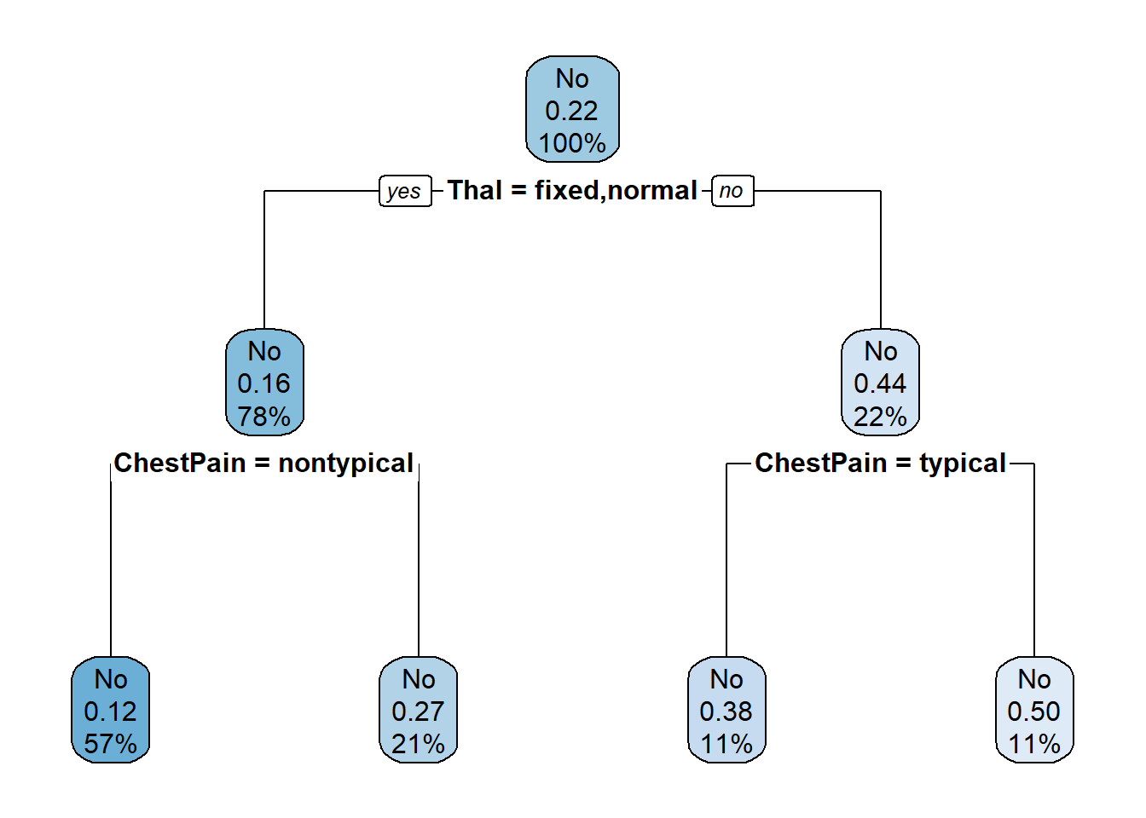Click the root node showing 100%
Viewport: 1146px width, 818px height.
(572, 109)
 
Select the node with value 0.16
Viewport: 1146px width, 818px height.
(264, 383)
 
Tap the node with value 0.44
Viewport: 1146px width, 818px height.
(881, 383)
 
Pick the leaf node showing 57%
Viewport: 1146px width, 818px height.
(111, 710)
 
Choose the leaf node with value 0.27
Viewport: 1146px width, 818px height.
(418, 710)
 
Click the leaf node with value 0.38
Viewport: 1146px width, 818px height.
(726, 710)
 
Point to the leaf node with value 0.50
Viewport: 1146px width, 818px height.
(1034, 710)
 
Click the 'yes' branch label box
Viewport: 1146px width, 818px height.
(405, 191)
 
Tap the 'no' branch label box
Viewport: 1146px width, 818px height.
(732, 191)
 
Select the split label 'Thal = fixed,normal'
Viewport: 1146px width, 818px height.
(572, 191)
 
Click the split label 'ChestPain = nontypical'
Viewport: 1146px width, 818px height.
(263, 464)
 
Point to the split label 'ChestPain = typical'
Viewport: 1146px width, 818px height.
(881, 464)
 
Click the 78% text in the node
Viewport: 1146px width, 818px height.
(264, 416)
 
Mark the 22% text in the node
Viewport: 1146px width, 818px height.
(880, 416)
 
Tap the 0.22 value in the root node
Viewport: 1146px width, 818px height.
(571, 111)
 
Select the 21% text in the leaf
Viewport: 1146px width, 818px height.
(418, 744)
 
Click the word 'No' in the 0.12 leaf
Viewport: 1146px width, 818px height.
(111, 679)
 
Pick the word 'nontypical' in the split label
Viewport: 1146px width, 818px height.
(346, 464)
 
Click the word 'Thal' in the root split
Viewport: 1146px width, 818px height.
(475, 190)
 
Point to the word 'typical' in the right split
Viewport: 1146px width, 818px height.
(963, 464)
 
